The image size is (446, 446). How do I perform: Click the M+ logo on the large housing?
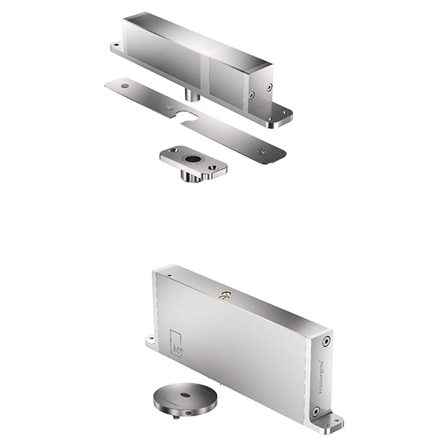click(176, 343)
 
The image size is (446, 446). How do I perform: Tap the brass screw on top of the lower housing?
click(222, 297)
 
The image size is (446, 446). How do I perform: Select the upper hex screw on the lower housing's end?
click(326, 341)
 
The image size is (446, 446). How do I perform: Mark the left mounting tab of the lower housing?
click(151, 343)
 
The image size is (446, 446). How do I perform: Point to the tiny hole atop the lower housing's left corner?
click(169, 274)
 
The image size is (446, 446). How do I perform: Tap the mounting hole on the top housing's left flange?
click(115, 47)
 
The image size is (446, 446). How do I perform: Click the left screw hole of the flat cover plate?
click(124, 86)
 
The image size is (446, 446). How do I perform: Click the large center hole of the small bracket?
click(193, 158)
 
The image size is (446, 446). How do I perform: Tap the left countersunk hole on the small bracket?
click(173, 151)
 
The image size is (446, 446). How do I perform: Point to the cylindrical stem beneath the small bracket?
click(192, 176)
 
